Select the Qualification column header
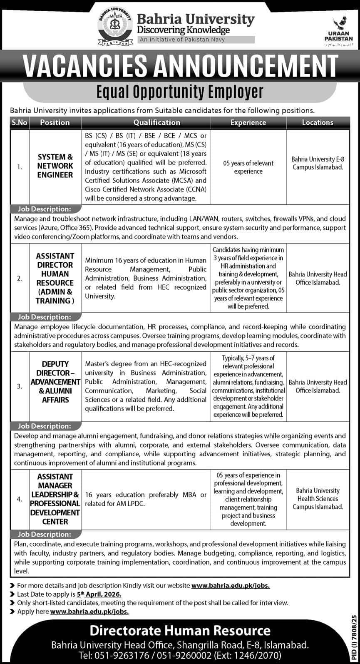(157, 122)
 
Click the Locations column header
(318, 122)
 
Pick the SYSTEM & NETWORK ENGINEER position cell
(55, 166)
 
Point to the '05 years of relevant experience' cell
(248, 167)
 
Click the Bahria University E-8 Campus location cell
(318, 163)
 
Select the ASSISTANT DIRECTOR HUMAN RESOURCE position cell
(55, 278)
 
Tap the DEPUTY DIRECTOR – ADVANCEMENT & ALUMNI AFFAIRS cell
(55, 382)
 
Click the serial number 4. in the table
(20, 499)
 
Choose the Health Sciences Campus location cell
(318, 499)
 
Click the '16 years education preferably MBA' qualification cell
(146, 499)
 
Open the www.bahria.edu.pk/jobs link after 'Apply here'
(89, 611)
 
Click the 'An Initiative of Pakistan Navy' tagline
(195, 40)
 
